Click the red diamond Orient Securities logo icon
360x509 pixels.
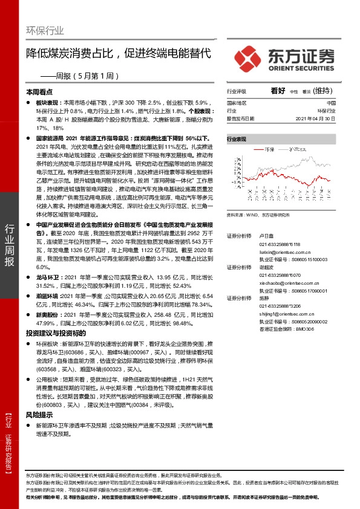[247, 58]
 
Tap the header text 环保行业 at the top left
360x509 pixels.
[46, 30]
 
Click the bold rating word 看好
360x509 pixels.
[278, 91]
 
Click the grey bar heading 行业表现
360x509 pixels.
[237, 139]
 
